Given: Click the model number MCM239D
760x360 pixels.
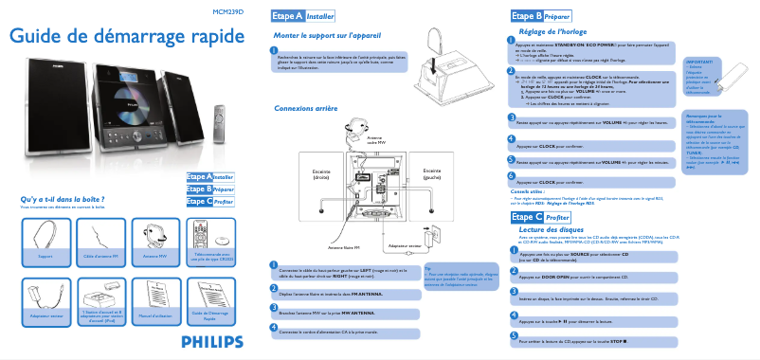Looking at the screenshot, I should [x=227, y=11].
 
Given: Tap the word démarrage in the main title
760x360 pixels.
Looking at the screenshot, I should [x=137, y=37].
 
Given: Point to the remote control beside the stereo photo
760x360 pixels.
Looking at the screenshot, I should [x=222, y=123].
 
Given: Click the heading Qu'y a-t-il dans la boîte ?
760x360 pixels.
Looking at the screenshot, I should [x=61, y=199].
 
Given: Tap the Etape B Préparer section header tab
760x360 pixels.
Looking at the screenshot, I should [x=540, y=16].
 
